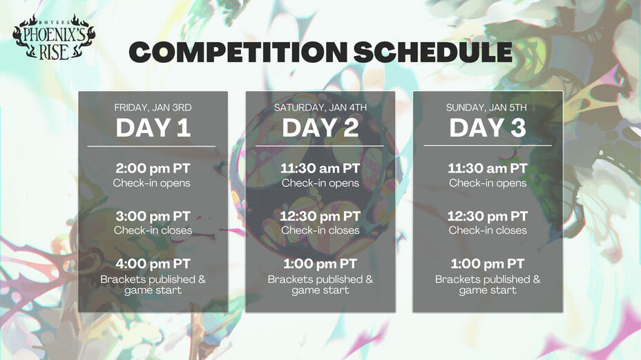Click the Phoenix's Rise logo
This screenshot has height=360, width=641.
[53, 37]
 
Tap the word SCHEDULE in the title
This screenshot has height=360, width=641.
[432, 53]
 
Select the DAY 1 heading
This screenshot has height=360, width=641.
[153, 128]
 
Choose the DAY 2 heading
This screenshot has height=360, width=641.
[320, 128]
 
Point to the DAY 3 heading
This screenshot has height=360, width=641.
[488, 128]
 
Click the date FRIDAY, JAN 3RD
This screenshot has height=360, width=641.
[153, 108]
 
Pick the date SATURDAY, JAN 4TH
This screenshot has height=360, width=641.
[320, 108]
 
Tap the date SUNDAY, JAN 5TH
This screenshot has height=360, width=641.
[488, 108]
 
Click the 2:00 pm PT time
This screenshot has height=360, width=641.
[153, 169]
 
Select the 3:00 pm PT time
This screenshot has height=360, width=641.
[153, 216]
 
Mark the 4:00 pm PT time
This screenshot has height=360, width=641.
[153, 264]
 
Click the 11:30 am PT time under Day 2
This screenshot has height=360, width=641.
[320, 169]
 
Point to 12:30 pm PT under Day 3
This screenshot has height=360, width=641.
[488, 216]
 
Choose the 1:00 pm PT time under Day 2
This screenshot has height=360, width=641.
[320, 264]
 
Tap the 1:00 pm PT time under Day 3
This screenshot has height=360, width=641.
[488, 264]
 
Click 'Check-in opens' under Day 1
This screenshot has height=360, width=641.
[153, 183]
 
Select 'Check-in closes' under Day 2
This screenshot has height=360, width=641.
[320, 230]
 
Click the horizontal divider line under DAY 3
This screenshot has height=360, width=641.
[488, 146]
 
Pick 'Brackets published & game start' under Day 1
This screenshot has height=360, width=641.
[153, 285]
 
